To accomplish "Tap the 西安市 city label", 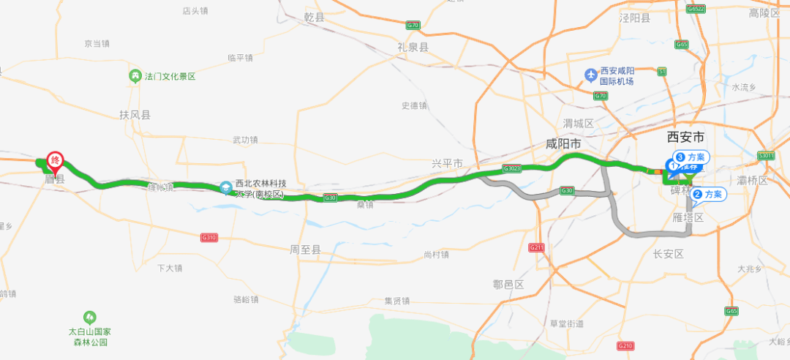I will [x=686, y=137].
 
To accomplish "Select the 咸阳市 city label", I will [x=563, y=145].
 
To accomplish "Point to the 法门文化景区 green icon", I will [x=135, y=76].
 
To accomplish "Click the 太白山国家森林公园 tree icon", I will [x=89, y=317].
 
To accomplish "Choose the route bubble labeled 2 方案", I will [x=707, y=195].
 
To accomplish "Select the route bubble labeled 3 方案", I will [x=691, y=157].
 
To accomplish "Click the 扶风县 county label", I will [x=135, y=115].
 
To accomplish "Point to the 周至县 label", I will [x=305, y=250].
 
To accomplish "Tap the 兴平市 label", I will [x=448, y=162].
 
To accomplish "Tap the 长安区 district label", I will [x=668, y=254].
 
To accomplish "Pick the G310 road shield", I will [x=209, y=237].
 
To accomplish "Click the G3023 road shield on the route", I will [x=511, y=168].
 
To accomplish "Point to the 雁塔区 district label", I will [x=688, y=218].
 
